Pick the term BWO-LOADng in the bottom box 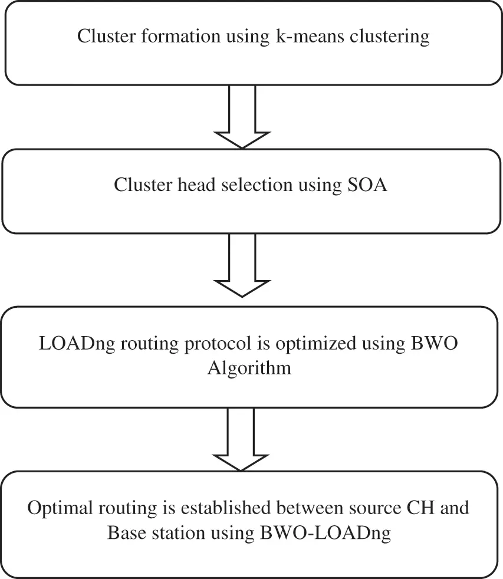[x=326, y=533]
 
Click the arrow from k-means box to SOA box [x=241, y=117]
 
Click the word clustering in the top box [x=392, y=37]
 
